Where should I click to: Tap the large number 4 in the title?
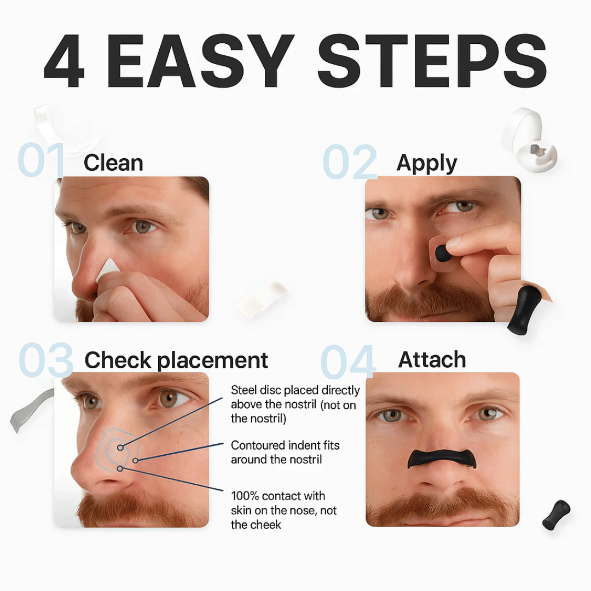pos(65,61)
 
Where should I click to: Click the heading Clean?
pos(113,163)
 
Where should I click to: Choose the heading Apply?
pos(427,163)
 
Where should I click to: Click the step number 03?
pos(46,361)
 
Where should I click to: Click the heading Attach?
pos(432,360)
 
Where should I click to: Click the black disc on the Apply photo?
pos(444,253)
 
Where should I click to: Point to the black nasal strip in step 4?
pos(442,459)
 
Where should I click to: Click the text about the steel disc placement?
pos(295,404)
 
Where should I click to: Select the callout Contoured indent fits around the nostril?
pos(285,452)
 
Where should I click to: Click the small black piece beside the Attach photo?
pos(556,515)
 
